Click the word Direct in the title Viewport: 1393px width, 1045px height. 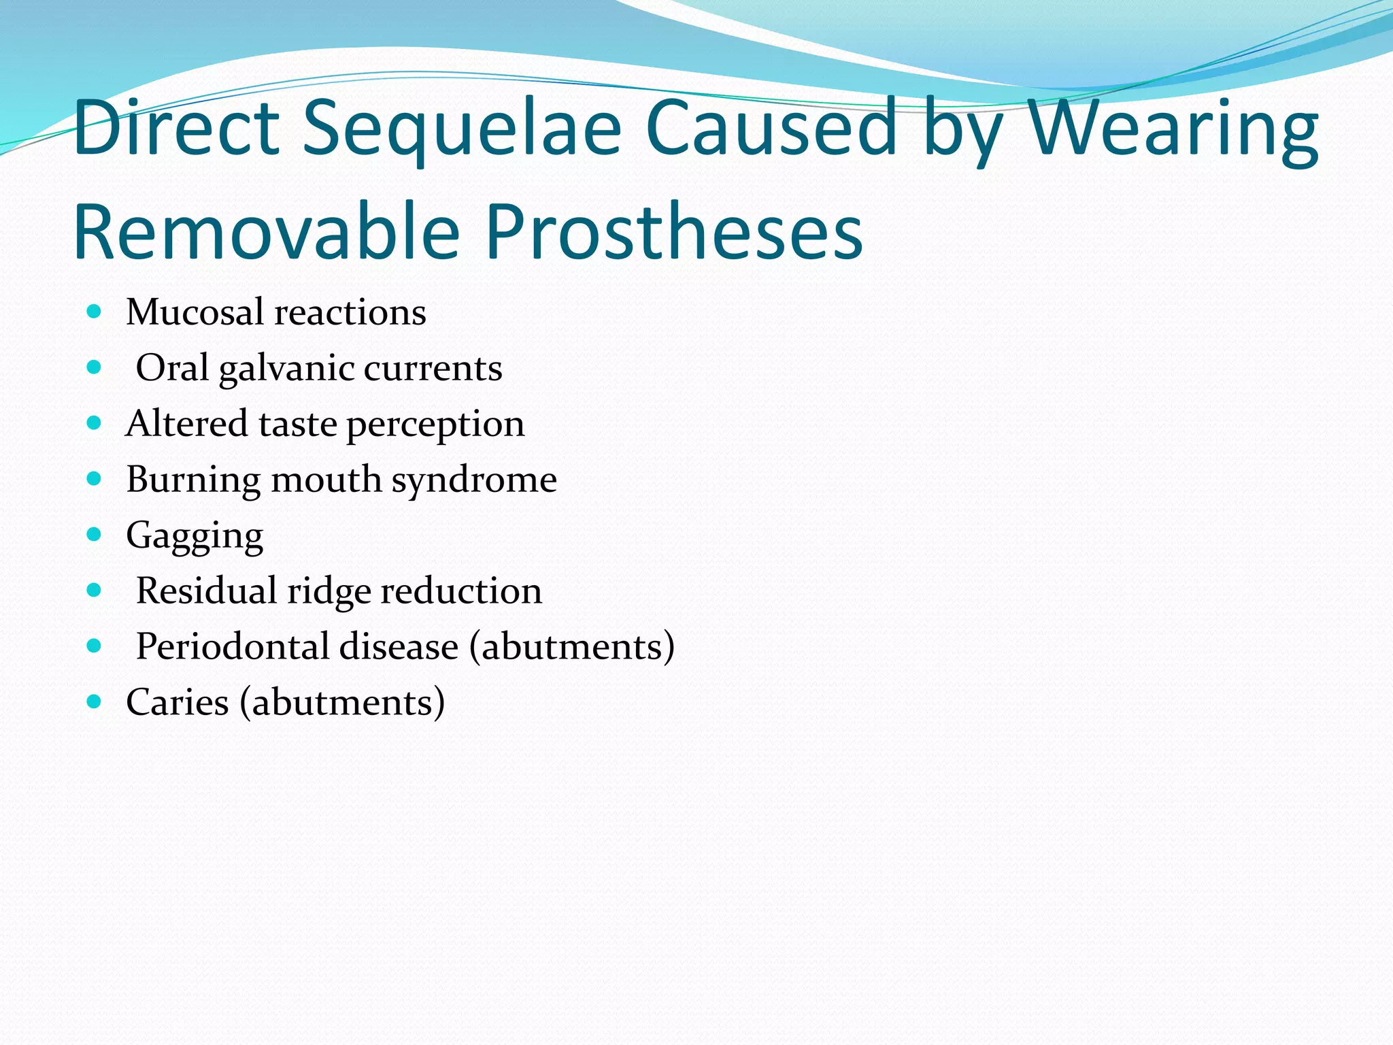(x=176, y=128)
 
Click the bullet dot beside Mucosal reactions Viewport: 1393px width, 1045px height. (x=95, y=312)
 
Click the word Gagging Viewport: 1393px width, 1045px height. (x=195, y=536)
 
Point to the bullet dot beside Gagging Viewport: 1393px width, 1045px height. (x=95, y=534)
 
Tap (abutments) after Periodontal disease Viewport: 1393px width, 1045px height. (x=572, y=646)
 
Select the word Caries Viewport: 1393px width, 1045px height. (x=178, y=702)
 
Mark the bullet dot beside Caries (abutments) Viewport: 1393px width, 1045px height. (x=95, y=701)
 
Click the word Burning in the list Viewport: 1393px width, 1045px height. (x=192, y=480)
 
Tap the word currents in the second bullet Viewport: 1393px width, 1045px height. (x=433, y=369)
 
